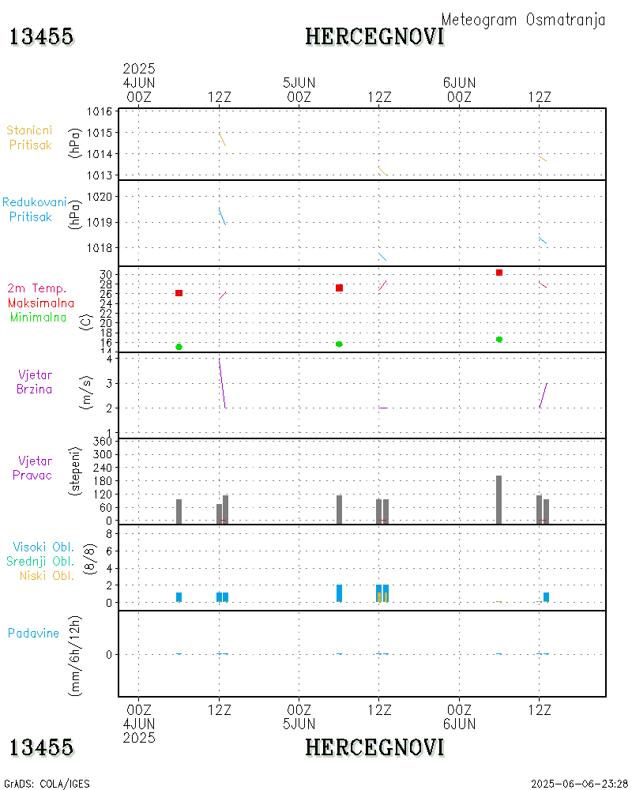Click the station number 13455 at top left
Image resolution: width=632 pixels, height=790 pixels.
pos(42,36)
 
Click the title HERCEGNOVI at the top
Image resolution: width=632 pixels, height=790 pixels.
pos(374,36)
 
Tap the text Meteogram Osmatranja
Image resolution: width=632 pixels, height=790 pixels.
pos(523,20)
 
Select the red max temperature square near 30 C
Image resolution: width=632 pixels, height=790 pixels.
pos(499,273)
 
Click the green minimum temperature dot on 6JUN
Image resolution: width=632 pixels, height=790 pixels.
pos(499,340)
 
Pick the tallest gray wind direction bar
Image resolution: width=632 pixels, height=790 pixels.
pos(499,499)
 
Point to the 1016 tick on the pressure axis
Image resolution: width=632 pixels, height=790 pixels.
pos(99,112)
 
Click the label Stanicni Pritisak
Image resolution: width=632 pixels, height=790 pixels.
pos(30,137)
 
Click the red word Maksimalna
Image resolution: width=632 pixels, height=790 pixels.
pos(41,303)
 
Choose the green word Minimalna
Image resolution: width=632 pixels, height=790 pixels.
pos(39,317)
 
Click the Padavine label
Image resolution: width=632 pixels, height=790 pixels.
pos(33,633)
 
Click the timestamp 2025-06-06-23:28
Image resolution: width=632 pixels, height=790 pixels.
pos(579,784)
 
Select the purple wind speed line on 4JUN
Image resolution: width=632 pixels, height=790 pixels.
pos(222,383)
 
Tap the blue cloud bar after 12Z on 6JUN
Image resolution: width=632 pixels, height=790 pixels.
pos(546,597)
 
